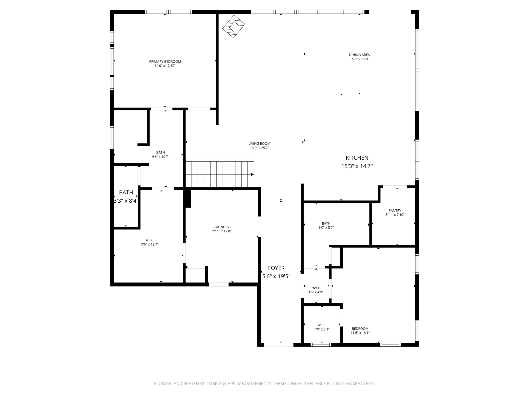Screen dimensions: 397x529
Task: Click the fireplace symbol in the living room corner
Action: (x=234, y=26)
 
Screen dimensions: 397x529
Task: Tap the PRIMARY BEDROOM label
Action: (x=165, y=62)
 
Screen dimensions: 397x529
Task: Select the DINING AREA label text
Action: (x=359, y=55)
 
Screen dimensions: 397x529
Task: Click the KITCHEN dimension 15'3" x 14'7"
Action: (x=357, y=166)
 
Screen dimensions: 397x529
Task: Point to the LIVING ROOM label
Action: (x=259, y=144)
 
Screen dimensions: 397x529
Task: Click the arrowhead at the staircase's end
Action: (x=252, y=174)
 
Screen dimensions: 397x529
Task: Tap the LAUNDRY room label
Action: (x=222, y=227)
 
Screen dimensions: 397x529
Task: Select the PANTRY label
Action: (x=395, y=211)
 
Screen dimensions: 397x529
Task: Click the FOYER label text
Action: (x=276, y=268)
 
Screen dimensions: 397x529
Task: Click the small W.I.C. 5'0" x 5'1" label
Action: (x=322, y=327)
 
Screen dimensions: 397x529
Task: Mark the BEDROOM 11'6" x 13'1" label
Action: (x=360, y=331)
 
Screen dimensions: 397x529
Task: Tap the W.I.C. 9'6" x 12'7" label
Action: (x=150, y=242)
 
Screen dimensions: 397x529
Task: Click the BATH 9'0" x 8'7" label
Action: (x=326, y=225)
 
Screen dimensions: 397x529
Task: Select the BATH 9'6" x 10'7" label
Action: (x=160, y=155)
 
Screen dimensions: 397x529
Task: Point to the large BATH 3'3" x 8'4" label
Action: (x=126, y=197)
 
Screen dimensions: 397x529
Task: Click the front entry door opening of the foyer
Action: (x=278, y=345)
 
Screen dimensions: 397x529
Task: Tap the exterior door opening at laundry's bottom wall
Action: (x=219, y=284)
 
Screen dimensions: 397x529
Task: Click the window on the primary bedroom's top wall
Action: (x=168, y=12)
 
